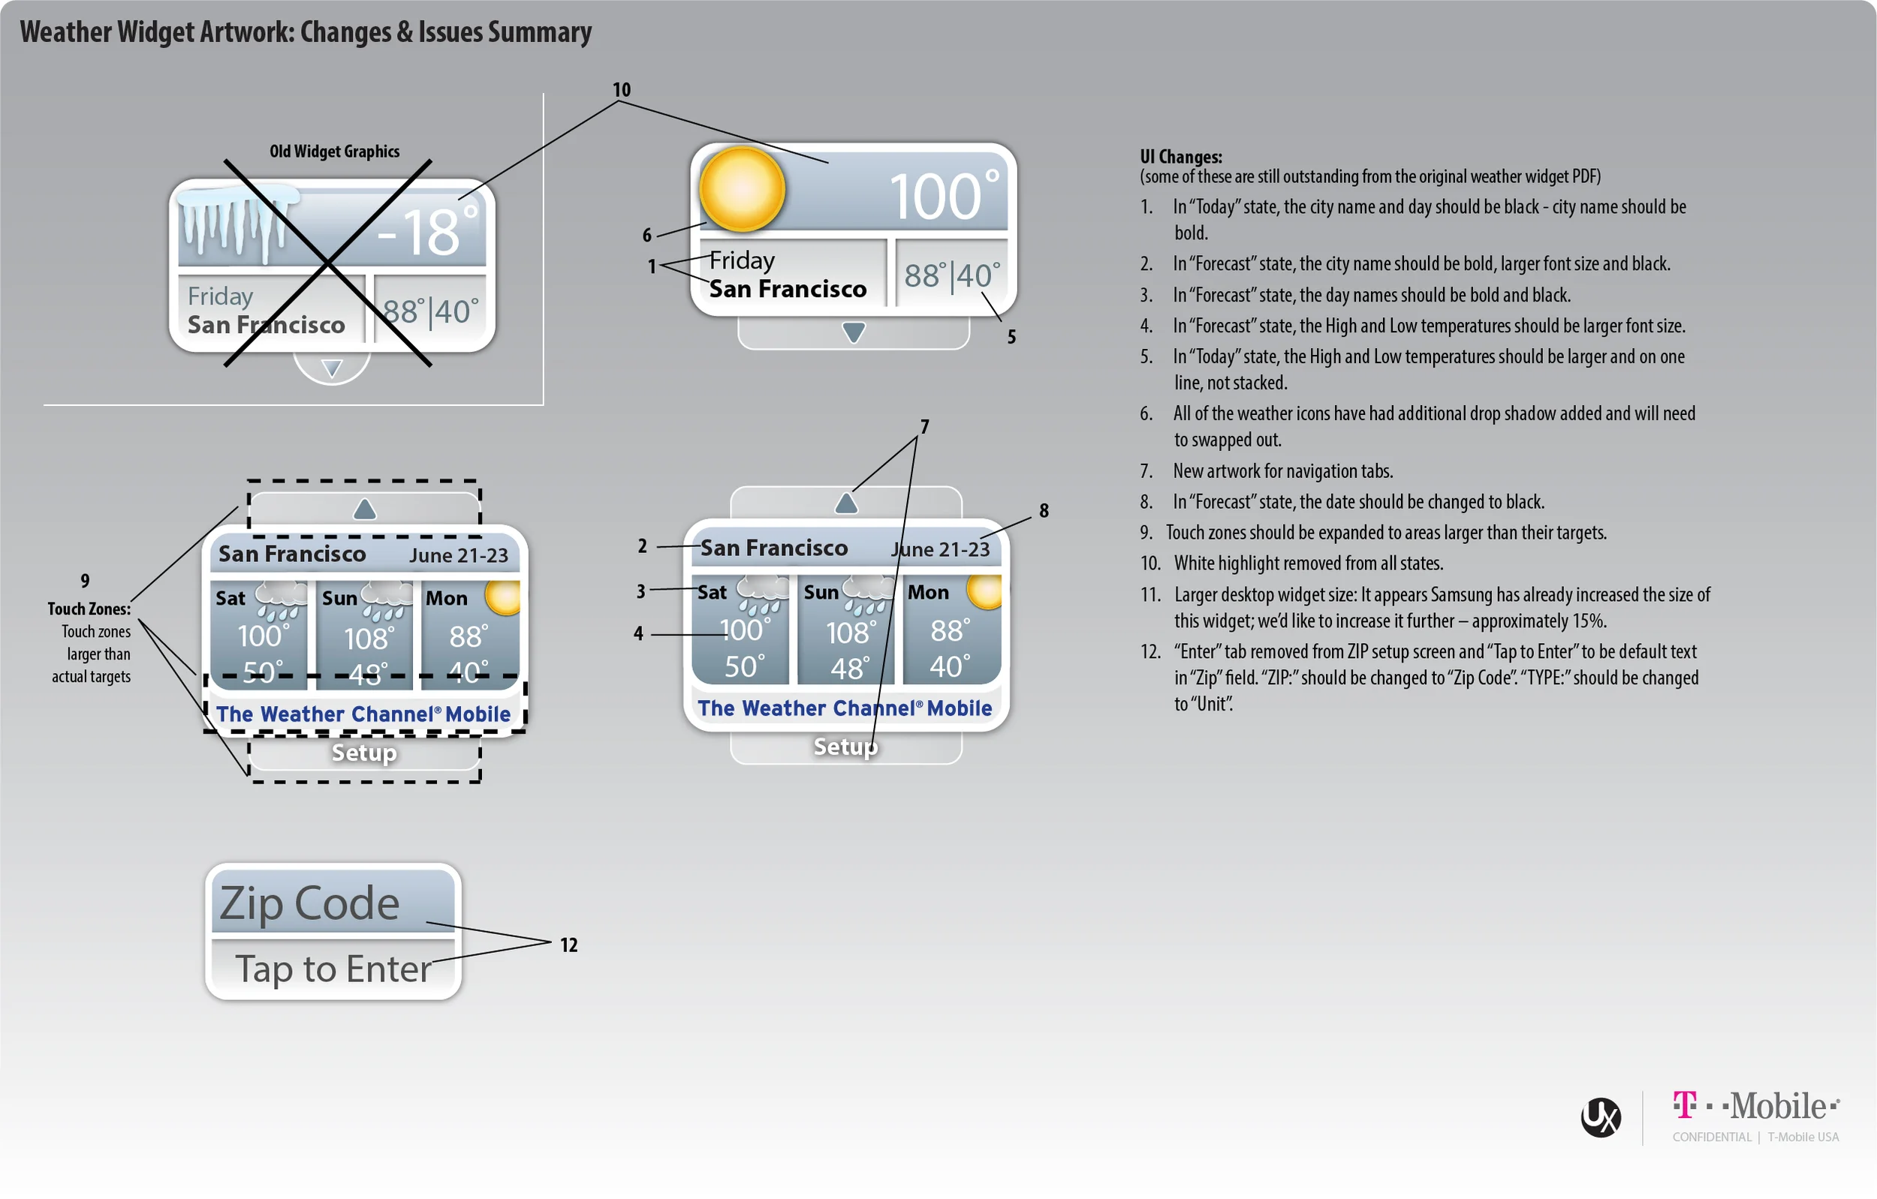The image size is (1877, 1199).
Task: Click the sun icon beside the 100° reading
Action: [x=741, y=188]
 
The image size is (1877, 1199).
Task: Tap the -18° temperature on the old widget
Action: [x=427, y=231]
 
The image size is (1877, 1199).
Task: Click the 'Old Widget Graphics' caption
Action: [x=334, y=151]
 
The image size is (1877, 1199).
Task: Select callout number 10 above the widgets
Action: [x=621, y=89]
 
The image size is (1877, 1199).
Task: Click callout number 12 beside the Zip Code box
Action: [x=569, y=945]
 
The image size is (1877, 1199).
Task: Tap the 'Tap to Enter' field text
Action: [x=333, y=970]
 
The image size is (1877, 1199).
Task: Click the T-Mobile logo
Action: [x=1756, y=1106]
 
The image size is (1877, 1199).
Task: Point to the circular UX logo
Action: [x=1601, y=1117]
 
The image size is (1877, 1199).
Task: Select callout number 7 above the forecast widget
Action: [x=924, y=427]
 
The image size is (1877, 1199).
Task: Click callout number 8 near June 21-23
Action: [x=1044, y=511]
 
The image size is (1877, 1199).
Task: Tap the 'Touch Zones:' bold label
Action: [x=89, y=609]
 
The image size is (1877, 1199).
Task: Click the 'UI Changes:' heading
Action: [x=1181, y=157]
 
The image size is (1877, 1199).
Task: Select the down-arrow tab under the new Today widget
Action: [x=854, y=333]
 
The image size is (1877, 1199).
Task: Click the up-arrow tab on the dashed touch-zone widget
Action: [x=364, y=509]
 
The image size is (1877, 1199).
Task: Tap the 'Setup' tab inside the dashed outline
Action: [x=364, y=753]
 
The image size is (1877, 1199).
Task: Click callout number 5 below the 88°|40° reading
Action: [x=1011, y=338]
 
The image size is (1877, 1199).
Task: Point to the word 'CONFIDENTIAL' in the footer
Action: [x=1712, y=1137]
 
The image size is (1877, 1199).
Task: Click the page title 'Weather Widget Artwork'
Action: [x=155, y=32]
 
